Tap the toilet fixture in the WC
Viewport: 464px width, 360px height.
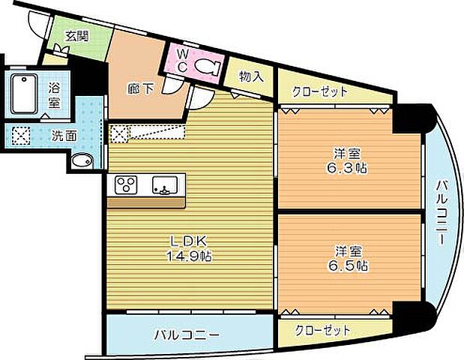coord(206,66)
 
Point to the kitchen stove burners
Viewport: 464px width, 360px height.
coord(125,184)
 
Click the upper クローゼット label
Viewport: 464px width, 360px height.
coord(322,92)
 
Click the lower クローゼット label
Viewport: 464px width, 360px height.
coord(322,331)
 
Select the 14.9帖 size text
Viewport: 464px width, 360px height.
coord(188,256)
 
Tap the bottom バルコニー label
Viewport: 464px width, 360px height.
coord(187,334)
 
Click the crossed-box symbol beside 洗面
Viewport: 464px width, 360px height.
coord(21,136)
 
